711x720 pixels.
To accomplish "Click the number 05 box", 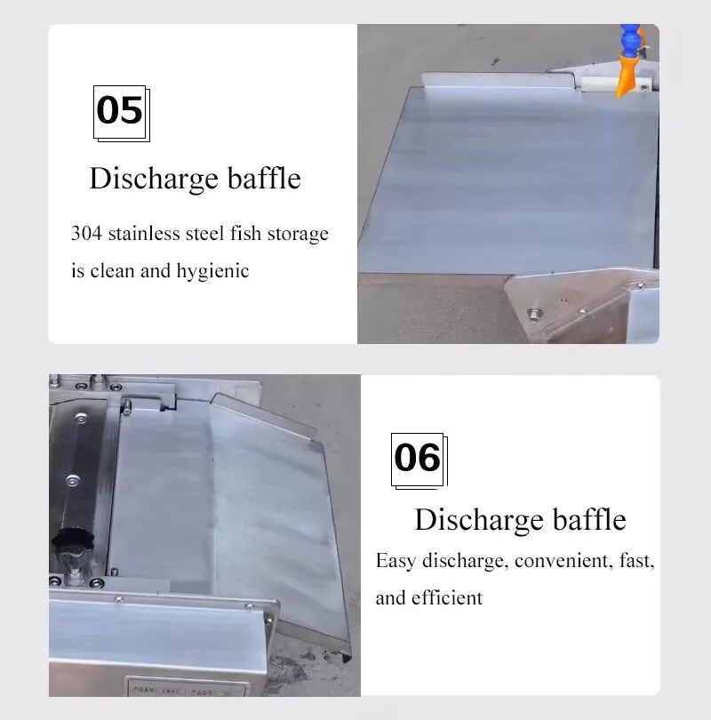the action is [122, 114].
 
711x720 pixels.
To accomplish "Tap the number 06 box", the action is [419, 460].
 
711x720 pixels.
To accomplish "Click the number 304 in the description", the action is [86, 233].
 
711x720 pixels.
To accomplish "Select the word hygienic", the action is [213, 271].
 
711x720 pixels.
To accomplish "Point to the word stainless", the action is [144, 233].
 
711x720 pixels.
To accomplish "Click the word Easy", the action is [396, 561].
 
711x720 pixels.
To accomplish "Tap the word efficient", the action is [447, 598].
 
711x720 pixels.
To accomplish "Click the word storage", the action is [298, 234].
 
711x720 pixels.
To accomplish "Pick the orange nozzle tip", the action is [627, 75].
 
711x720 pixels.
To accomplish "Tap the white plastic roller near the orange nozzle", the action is [596, 84].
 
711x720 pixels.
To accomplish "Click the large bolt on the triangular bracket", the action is [533, 315].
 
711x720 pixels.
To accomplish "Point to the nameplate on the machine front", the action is [188, 687].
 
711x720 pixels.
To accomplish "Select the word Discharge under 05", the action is [154, 179].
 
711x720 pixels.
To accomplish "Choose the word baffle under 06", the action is [589, 519].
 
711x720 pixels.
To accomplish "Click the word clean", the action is [112, 271].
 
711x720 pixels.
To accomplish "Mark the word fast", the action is [637, 561].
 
